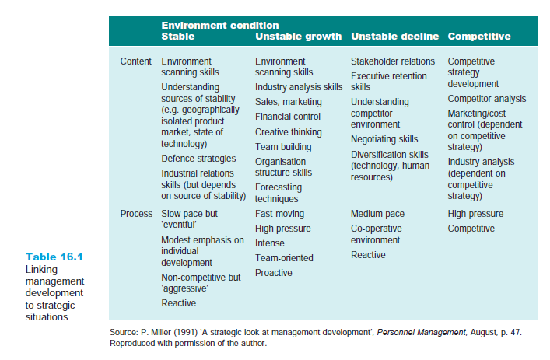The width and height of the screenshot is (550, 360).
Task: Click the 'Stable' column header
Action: [177, 37]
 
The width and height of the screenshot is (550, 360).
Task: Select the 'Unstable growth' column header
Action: [298, 37]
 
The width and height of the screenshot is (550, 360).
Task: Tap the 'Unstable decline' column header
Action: [394, 37]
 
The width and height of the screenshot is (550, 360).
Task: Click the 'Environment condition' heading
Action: [219, 26]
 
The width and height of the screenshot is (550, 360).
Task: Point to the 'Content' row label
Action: [136, 61]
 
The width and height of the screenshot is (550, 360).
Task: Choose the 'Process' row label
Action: [136, 213]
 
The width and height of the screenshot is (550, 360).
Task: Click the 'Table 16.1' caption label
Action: [54, 257]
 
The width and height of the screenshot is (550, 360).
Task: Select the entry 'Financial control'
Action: [288, 117]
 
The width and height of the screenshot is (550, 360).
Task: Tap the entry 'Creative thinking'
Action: [288, 132]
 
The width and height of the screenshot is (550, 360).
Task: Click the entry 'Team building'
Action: [283, 147]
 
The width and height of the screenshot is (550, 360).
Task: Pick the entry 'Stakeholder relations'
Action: [393, 61]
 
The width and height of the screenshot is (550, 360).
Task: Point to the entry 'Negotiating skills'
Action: [384, 139]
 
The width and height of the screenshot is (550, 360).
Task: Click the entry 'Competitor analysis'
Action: [487, 99]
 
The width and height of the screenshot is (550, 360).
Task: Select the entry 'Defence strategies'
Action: [198, 159]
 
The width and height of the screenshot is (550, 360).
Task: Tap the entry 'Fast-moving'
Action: [279, 213]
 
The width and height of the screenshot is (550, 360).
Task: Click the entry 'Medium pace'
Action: [377, 213]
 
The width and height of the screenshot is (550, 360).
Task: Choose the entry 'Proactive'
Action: [274, 273]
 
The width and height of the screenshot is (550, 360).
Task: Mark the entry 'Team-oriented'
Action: [284, 258]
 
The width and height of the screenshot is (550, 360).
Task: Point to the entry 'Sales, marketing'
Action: [288, 102]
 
